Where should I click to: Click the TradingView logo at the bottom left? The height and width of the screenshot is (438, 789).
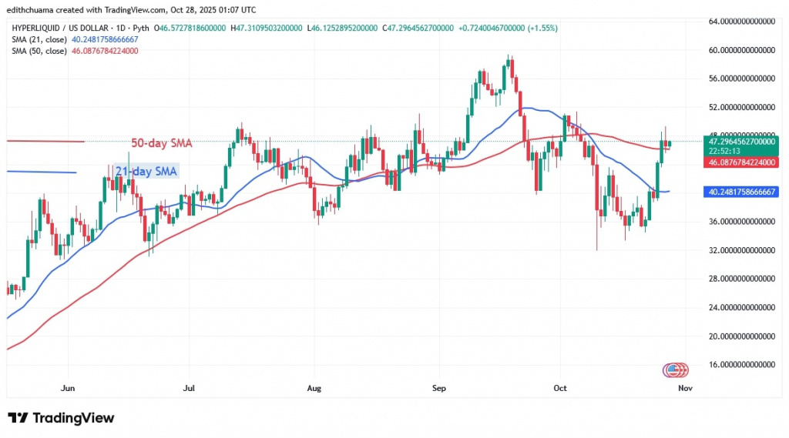point(62,418)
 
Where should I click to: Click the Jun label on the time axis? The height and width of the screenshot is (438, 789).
point(68,388)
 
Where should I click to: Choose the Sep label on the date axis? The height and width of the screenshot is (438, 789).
point(438,388)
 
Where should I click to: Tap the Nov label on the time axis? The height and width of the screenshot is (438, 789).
point(685,388)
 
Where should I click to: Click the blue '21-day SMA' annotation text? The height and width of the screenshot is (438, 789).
point(146,172)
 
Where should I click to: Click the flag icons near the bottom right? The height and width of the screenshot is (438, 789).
point(676,370)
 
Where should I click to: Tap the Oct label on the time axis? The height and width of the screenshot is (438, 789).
point(560,388)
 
